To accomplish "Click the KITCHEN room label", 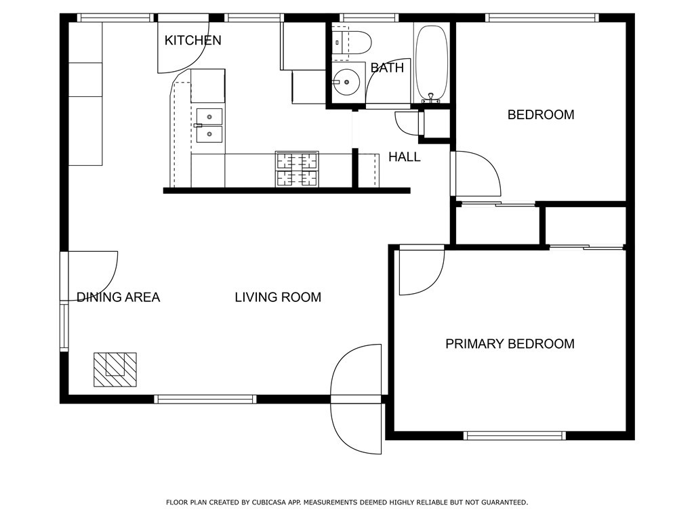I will coord(192,41).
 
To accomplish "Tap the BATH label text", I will coord(387,68).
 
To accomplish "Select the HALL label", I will coord(404,157).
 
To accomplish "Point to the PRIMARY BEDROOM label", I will coord(510,344).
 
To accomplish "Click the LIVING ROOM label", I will coord(278,297).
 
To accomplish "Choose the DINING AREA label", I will coord(118,297).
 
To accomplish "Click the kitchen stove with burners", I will coord(297,169).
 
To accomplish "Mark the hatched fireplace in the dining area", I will coord(115,370).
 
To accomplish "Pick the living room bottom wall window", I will coord(206,399).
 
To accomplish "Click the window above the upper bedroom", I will coord(542,18).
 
